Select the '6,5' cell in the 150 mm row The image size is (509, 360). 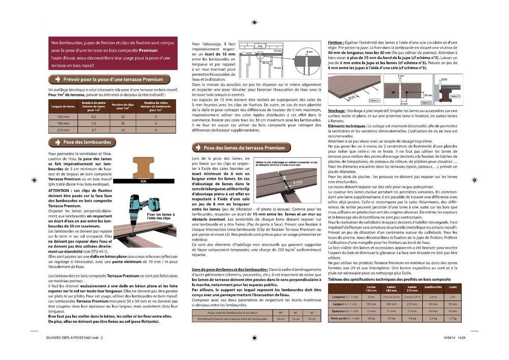click(94, 117)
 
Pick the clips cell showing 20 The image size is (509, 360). click(123, 123)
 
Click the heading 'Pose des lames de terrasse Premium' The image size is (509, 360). click(244, 148)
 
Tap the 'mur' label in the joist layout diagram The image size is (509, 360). click(260, 46)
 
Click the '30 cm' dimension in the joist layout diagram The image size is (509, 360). click(265, 64)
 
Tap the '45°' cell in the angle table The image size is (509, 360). click(295, 312)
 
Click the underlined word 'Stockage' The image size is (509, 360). click(336, 110)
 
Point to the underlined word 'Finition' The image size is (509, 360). click(335, 42)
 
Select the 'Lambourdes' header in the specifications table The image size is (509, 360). click(433, 289)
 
